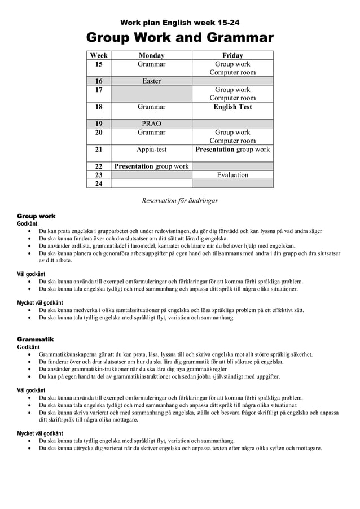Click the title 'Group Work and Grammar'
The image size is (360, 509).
[179, 38]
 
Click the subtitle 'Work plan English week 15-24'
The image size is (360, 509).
[179, 23]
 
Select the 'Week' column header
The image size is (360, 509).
[99, 55]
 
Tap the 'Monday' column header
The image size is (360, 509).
[151, 55]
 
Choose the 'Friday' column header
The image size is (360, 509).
[232, 55]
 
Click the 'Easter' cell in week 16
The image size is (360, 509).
[151, 81]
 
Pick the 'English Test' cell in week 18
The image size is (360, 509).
[232, 107]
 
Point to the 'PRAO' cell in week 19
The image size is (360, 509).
[151, 124]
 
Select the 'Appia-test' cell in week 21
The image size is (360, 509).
[151, 150]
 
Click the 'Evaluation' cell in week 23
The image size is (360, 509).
[232, 175]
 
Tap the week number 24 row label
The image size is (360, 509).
[99, 183]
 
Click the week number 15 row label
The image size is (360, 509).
[99, 64]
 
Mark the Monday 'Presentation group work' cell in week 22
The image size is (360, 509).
[151, 166]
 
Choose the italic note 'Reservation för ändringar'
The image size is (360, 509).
[179, 200]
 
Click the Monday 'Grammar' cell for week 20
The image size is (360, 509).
[151, 133]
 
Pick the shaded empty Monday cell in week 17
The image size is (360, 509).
[151, 94]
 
